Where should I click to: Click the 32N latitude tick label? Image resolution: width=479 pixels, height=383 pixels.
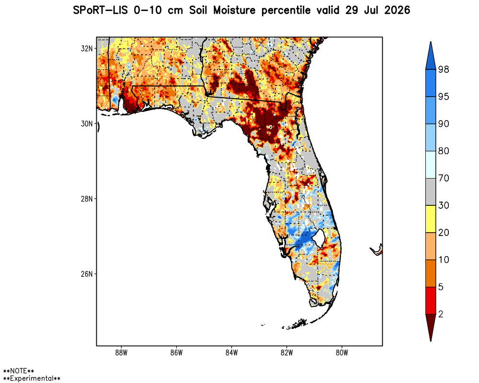[x=86, y=48]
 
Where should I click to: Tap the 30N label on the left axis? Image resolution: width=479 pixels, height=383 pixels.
[x=86, y=124]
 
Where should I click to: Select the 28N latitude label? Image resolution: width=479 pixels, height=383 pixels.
[x=86, y=199]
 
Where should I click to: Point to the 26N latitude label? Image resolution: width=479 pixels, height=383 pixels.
[x=86, y=274]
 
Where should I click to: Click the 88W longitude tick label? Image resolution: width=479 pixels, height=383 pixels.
[x=121, y=353]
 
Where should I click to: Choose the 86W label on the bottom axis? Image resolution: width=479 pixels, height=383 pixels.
[x=176, y=353]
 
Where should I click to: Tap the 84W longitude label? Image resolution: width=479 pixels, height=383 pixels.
[x=231, y=353]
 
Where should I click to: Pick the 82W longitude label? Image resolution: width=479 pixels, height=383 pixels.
[x=286, y=353]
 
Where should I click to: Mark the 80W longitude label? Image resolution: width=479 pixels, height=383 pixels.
[x=342, y=353]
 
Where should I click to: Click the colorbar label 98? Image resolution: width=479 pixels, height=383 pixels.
[x=444, y=69]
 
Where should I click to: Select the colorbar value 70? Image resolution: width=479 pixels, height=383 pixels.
[x=444, y=178]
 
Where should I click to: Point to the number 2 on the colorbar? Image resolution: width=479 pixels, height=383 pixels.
[x=441, y=314]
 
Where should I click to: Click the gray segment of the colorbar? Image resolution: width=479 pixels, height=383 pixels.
[x=431, y=192]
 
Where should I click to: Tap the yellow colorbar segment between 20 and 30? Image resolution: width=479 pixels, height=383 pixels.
[x=431, y=219]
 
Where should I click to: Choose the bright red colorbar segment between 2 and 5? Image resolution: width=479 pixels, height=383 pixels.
[x=431, y=301]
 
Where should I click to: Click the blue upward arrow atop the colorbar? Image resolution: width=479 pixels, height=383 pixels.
[x=431, y=56]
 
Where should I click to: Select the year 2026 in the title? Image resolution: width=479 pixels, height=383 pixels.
[x=397, y=11]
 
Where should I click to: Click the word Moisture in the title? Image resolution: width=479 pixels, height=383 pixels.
[x=234, y=11]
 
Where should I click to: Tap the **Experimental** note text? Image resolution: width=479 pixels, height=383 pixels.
[x=32, y=379]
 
